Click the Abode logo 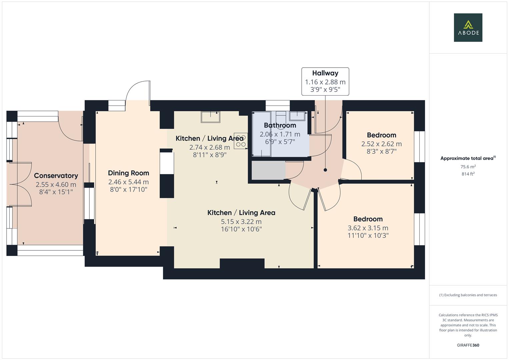point(468,27)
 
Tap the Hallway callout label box point(325,82)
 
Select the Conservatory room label point(56,176)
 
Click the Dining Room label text point(128,173)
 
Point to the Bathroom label point(280,125)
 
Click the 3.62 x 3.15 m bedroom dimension point(368,228)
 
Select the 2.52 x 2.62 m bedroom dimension point(381,144)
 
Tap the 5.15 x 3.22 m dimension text point(241,222)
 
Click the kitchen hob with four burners point(240,141)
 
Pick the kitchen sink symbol point(210,117)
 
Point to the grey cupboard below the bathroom point(268,170)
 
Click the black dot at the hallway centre point(325,170)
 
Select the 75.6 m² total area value point(468,167)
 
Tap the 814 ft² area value point(468,174)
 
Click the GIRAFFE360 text point(468,345)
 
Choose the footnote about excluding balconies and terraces point(468,295)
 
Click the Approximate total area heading point(468,158)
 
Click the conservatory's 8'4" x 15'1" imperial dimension point(56,192)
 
